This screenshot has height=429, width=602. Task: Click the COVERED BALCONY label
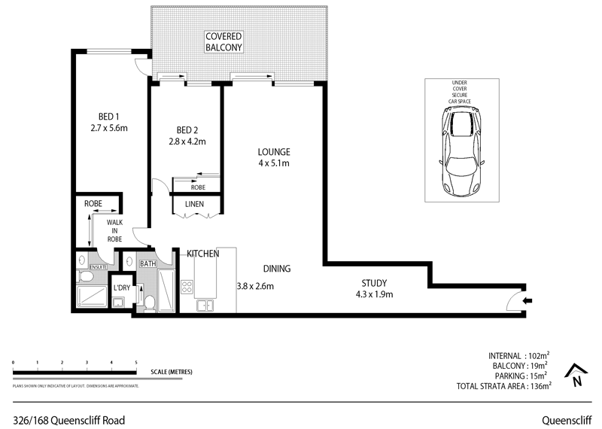pos(224,41)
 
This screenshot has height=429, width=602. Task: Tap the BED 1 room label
pos(109,116)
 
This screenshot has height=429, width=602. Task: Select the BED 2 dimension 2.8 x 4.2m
pos(187,141)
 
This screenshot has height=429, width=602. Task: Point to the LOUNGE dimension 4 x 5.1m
pos(273,163)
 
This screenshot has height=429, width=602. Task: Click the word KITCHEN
pos(202,254)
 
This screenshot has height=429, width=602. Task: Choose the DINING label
pos(277,269)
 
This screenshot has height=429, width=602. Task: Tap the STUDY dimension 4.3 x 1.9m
pos(374,294)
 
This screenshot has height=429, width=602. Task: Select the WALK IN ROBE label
pos(114,230)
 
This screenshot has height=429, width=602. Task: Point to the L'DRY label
pos(121,288)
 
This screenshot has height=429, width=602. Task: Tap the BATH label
pos(147,263)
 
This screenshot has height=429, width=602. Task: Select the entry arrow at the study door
pos(526,301)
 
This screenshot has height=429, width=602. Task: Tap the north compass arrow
pos(577,374)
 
